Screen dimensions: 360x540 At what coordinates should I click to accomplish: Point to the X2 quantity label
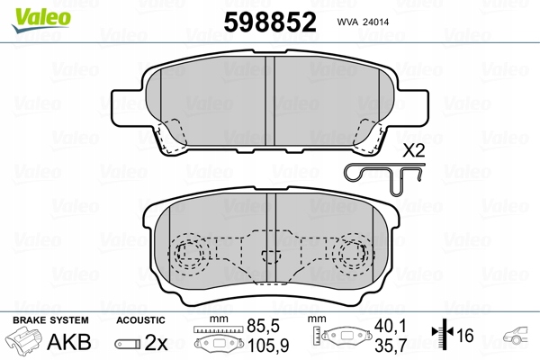pyautogui.click(x=414, y=150)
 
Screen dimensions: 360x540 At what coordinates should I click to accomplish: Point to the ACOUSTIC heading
pyautogui.click(x=141, y=320)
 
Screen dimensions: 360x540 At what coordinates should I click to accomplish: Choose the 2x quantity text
pyautogui.click(x=157, y=342)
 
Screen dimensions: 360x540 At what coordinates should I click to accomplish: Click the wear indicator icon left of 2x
pyautogui.click(x=128, y=344)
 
